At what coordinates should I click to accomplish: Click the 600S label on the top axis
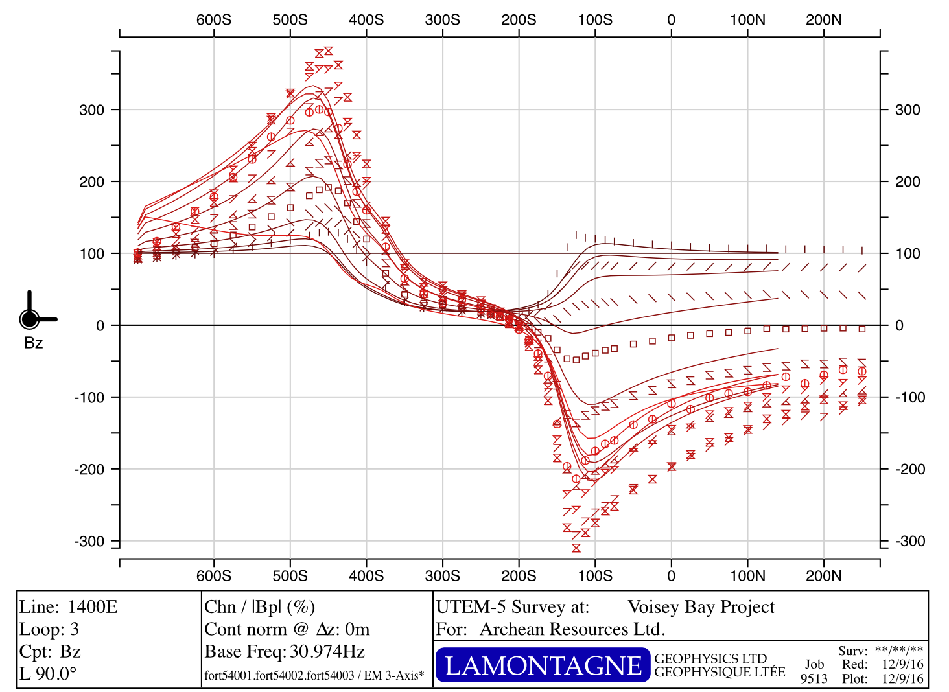tap(213, 19)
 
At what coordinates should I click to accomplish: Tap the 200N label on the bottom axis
tap(823, 575)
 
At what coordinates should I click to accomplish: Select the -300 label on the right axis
tap(910, 542)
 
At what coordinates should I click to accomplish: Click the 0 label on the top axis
tap(671, 19)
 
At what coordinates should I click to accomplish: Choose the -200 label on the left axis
tap(89, 470)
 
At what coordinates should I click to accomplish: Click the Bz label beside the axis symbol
tap(34, 343)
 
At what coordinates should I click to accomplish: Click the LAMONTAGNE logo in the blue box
tap(543, 665)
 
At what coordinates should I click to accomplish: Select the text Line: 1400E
tap(69, 607)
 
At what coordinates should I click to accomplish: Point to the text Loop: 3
tap(49, 629)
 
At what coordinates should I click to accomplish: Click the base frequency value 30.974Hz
tap(327, 651)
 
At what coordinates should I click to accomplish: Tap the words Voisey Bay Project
tap(701, 607)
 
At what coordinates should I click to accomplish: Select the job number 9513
tap(814, 678)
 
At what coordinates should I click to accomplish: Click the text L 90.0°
tap(48, 674)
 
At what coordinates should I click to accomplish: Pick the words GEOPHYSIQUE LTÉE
tap(720, 673)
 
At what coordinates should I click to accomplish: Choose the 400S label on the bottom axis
tap(366, 575)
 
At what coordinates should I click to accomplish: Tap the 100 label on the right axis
tap(908, 254)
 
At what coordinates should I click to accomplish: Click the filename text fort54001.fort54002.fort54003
tap(279, 676)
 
